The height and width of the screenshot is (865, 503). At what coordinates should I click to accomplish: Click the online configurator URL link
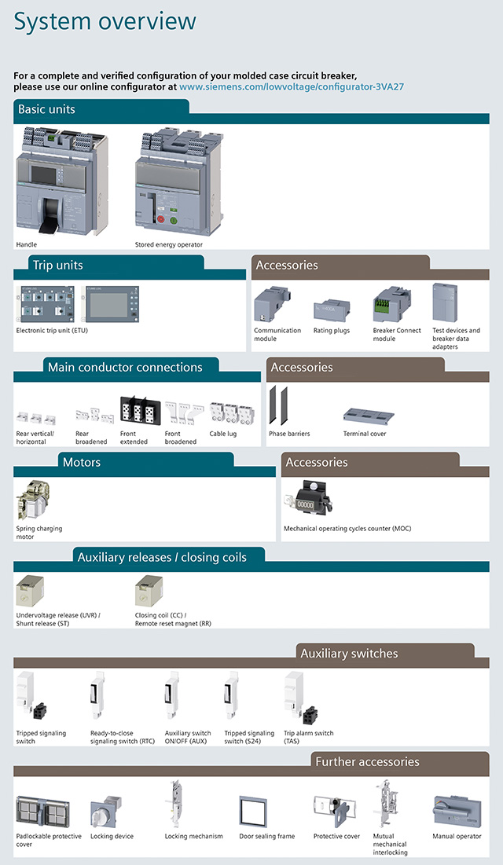[x=292, y=86]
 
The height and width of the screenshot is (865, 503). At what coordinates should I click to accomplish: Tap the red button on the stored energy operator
[x=161, y=220]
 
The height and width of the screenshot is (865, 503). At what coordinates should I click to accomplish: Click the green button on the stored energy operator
[x=174, y=220]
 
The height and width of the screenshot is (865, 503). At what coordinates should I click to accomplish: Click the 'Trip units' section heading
[x=57, y=266]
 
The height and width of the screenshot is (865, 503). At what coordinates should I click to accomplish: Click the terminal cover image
[x=368, y=416]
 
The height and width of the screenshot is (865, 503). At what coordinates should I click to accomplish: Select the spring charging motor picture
[x=35, y=501]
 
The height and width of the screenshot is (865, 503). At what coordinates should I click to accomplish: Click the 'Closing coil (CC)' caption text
[x=160, y=615]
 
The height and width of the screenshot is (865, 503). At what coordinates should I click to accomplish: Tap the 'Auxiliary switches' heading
[x=349, y=654]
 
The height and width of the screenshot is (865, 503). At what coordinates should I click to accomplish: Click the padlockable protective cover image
[x=42, y=811]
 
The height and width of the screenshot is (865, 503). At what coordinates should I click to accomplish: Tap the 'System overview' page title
[x=105, y=22]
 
